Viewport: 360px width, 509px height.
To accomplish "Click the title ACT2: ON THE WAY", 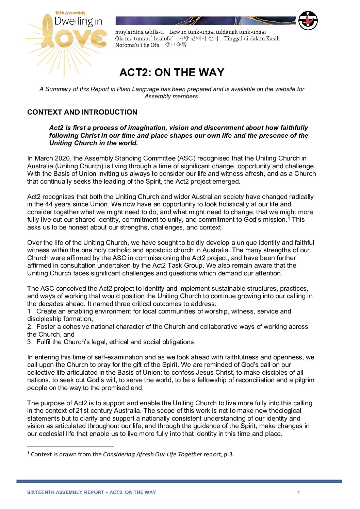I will coord(172,72).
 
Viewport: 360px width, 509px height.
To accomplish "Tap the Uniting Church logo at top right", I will coord(308,21).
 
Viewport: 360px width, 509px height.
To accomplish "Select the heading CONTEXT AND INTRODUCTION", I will coord(82,112).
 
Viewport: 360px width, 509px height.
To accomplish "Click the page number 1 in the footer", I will coord(298,492).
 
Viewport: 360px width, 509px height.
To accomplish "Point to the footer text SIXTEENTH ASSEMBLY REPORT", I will coord(65,492).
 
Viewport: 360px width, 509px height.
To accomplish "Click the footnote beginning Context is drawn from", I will coord(132,454).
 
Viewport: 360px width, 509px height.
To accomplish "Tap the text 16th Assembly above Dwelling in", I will coord(70,13).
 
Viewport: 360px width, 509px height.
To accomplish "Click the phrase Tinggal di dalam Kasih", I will coord(251,38).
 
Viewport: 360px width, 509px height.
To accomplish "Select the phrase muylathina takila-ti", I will coord(139,32).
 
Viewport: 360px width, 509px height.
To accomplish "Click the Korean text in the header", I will coord(198,38).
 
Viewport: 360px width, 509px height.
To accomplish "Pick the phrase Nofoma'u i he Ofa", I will coord(137,45).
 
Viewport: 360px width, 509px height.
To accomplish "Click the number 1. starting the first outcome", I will coord(30,311).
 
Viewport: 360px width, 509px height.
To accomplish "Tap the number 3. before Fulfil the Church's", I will coord(30,342).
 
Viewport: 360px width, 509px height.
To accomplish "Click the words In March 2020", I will coord(49,158).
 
